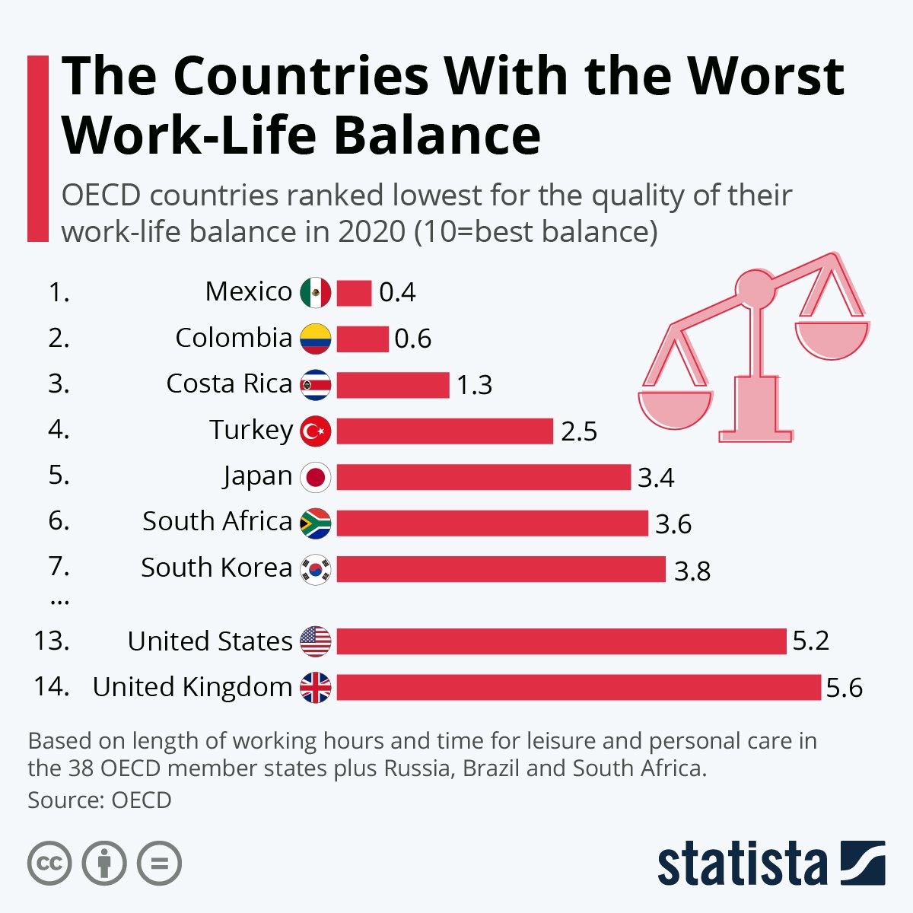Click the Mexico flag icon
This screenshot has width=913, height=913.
tap(316, 292)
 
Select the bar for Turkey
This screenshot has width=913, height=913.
tap(444, 431)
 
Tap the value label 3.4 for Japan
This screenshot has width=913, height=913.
tap(656, 478)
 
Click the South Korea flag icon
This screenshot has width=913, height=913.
tap(316, 569)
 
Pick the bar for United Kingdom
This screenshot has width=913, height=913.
tap(578, 687)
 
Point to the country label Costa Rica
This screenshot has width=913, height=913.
tap(229, 383)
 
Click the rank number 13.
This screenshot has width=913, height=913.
tap(52, 641)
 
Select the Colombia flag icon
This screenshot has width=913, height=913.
tap(316, 339)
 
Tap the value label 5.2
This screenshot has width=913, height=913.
tap(810, 641)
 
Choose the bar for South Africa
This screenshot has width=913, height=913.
tap(491, 523)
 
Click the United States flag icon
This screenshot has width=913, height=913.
tap(316, 641)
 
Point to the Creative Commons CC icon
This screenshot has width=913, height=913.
tap(49, 864)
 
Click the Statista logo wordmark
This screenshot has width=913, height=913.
tap(742, 864)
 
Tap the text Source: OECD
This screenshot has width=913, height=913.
tap(100, 800)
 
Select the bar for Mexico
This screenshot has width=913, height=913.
tap(354, 293)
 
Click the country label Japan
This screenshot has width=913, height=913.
tap(258, 476)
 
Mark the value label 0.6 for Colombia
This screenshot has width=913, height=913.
tap(412, 339)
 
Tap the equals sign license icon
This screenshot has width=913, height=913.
tap(159, 864)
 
